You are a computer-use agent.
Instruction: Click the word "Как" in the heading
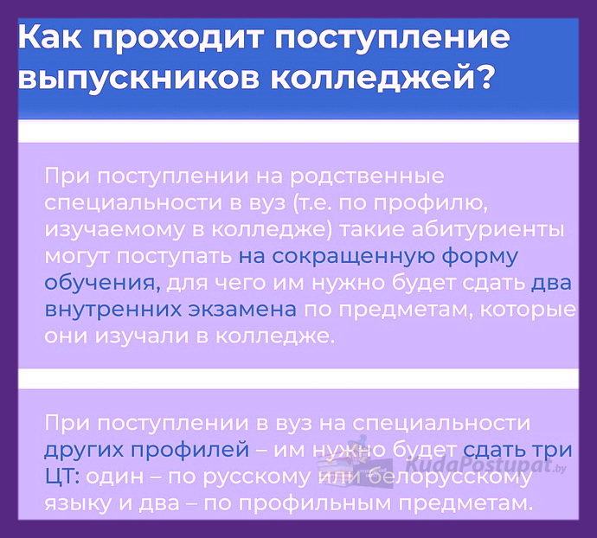tap(49, 37)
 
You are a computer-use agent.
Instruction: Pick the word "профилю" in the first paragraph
tap(430, 204)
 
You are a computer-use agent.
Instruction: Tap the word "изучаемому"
tap(114, 231)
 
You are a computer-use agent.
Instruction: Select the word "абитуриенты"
tap(488, 231)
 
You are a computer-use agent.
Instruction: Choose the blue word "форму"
tap(479, 258)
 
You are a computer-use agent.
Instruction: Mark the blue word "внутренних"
tap(113, 311)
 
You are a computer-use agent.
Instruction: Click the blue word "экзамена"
tap(242, 311)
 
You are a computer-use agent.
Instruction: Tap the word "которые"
tap(528, 311)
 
